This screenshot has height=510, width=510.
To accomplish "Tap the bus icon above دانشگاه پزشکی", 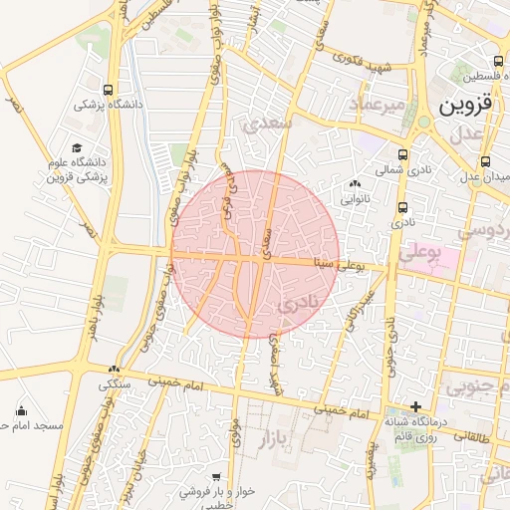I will (108, 90).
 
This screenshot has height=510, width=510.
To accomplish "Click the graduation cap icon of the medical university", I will (77, 147).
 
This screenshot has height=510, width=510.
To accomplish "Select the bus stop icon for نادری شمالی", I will (402, 155).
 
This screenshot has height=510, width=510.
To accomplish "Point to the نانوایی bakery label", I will (356, 198).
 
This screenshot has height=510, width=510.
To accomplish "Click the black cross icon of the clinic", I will (416, 406).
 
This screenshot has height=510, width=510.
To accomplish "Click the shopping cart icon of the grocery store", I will (216, 477).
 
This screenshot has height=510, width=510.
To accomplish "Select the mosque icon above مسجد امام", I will (22, 410).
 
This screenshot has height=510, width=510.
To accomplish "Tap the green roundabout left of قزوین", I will (424, 122).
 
